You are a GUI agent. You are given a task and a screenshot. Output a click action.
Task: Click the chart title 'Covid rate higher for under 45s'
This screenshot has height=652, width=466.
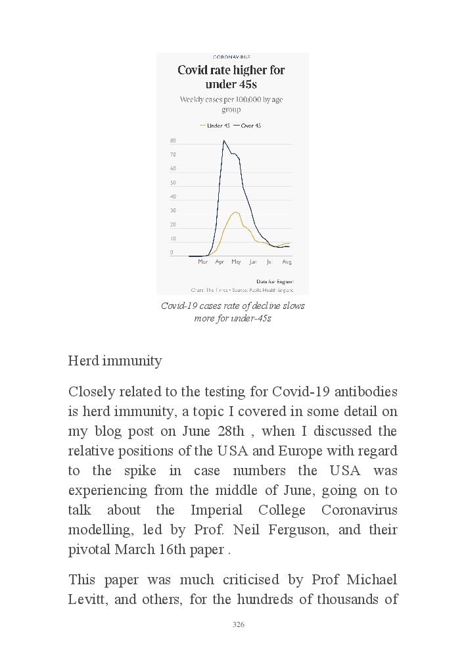(x=231, y=77)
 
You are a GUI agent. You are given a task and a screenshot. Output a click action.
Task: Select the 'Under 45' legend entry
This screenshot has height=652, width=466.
(x=215, y=126)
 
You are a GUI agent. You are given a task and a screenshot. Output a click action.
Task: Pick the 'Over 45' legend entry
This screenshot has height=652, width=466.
(x=248, y=126)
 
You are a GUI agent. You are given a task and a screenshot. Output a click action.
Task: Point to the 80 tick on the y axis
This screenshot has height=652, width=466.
(x=173, y=141)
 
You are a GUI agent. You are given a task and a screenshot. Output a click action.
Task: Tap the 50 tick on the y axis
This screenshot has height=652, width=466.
(x=173, y=183)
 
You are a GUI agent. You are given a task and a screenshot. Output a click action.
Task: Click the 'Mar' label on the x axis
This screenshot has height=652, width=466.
(x=202, y=262)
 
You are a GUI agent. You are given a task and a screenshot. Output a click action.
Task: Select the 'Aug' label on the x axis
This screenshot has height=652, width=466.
(x=287, y=262)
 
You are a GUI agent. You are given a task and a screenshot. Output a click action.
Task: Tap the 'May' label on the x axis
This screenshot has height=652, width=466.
(x=236, y=262)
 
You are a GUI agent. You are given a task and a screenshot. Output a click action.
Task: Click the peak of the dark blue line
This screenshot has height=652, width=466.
(x=224, y=141)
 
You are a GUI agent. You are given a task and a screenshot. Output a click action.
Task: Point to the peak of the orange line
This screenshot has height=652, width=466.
(x=235, y=212)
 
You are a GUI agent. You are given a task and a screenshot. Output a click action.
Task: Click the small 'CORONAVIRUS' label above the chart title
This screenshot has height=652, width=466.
(x=231, y=57)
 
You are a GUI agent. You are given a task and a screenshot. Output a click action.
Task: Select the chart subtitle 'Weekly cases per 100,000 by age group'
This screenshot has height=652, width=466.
(x=231, y=105)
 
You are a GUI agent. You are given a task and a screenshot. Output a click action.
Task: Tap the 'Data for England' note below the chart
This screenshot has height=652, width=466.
(x=275, y=281)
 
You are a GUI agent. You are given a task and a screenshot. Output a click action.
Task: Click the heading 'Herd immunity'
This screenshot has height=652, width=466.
(x=115, y=361)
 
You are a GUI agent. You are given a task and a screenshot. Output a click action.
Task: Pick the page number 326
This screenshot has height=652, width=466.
(x=239, y=624)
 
